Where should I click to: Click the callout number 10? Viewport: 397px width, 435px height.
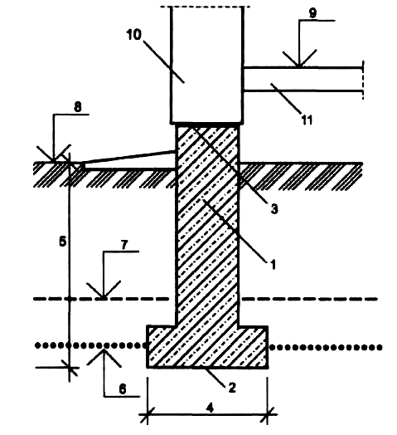[133, 35]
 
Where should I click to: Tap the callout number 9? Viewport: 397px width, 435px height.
[312, 12]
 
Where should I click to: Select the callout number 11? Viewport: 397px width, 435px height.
[307, 120]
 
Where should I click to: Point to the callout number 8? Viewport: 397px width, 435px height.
[78, 107]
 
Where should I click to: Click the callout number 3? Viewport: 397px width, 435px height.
[274, 208]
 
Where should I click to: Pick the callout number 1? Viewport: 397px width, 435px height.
[274, 264]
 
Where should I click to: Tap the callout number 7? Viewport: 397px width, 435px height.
[124, 245]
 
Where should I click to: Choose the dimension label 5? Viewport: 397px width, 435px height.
[63, 241]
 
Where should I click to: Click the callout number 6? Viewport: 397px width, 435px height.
[123, 389]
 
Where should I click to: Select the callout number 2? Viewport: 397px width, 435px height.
[232, 388]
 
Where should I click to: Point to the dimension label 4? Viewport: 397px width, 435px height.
[210, 408]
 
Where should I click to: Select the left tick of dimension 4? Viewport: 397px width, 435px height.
[147, 415]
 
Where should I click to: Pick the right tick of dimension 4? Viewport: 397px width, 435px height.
[268, 415]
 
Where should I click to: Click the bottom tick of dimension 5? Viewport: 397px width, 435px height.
[70, 368]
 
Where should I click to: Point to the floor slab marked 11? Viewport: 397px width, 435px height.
[303, 79]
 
